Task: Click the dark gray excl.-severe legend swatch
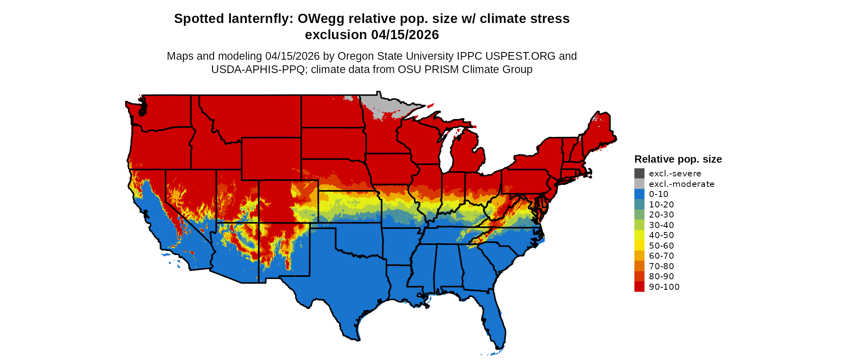639,174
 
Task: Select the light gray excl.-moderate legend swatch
639,184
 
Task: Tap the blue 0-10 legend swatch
639,194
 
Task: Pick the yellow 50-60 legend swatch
639,245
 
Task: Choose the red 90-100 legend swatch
639,287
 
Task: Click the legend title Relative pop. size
678,159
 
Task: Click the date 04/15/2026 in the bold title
405,35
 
